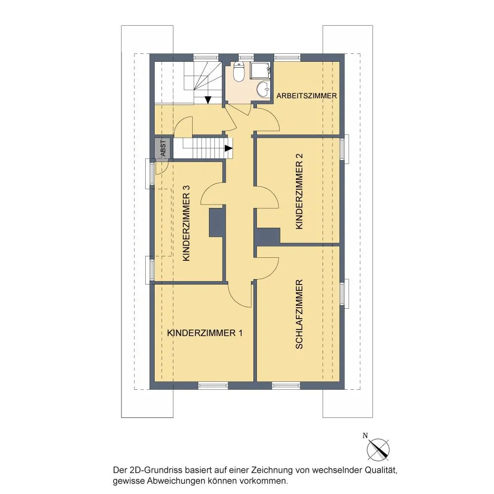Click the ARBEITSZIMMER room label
[307, 96]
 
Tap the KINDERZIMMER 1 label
[205, 333]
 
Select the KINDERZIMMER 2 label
[299, 191]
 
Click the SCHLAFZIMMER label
[299, 314]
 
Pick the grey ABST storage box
[163, 148]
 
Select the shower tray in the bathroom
[260, 70]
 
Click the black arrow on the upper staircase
[208, 100]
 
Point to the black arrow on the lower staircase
[228, 148]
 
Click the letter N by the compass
[365, 436]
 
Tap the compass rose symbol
[378, 450]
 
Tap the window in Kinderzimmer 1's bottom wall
[213, 385]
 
